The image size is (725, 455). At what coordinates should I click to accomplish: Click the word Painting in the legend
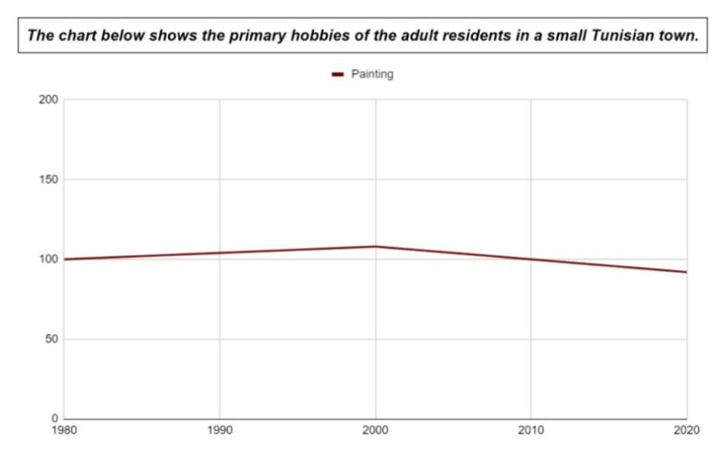[x=372, y=74]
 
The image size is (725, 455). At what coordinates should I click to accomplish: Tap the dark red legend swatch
[x=338, y=75]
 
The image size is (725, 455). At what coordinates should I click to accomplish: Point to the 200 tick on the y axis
[x=48, y=100]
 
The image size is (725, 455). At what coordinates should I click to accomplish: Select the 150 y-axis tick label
[x=48, y=179]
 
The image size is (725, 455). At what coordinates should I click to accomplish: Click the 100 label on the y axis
[x=48, y=259]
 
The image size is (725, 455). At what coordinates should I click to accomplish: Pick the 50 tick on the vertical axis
[x=51, y=338]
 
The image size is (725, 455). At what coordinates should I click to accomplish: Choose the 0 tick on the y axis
[x=54, y=418]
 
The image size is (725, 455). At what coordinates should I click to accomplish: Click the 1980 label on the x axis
[x=65, y=429]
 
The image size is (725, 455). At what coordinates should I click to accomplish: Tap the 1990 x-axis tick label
[x=220, y=429]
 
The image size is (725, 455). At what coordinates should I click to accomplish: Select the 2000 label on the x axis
[x=375, y=429]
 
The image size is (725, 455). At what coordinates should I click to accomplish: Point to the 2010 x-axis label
[x=531, y=429]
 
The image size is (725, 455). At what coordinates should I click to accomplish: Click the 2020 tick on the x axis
[x=686, y=429]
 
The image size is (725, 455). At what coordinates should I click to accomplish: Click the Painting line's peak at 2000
[x=375, y=246]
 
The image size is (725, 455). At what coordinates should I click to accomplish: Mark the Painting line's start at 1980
[x=64, y=259]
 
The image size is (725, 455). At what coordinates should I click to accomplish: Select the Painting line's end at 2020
[x=686, y=272]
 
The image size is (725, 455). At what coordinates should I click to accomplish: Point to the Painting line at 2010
[x=531, y=259]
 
